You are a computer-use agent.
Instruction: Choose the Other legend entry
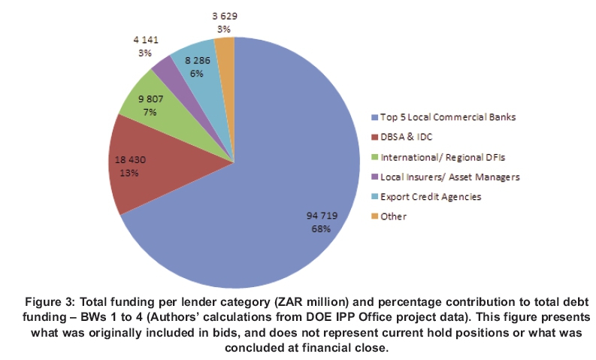(x=393, y=216)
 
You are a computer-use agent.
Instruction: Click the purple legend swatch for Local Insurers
(x=374, y=177)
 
